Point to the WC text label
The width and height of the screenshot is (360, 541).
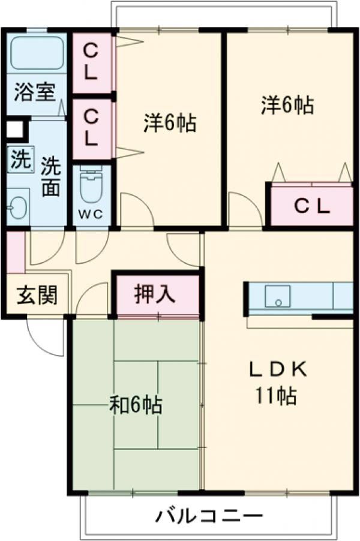pyautogui.click(x=91, y=214)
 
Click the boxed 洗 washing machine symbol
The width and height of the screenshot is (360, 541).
pyautogui.click(x=19, y=160)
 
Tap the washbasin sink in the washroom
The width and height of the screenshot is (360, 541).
pyautogui.click(x=16, y=207)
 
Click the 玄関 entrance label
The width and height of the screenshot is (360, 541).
pyautogui.click(x=37, y=294)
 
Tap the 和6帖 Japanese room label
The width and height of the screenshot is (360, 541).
pyautogui.click(x=135, y=406)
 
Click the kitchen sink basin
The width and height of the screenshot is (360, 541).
pyautogui.click(x=278, y=296)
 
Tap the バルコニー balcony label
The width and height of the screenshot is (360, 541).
pyautogui.click(x=210, y=515)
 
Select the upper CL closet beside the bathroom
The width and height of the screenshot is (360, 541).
pyautogui.click(x=91, y=62)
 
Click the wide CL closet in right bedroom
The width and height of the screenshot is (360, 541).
pyautogui.click(x=311, y=206)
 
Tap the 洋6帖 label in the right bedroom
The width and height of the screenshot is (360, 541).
pyautogui.click(x=287, y=106)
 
